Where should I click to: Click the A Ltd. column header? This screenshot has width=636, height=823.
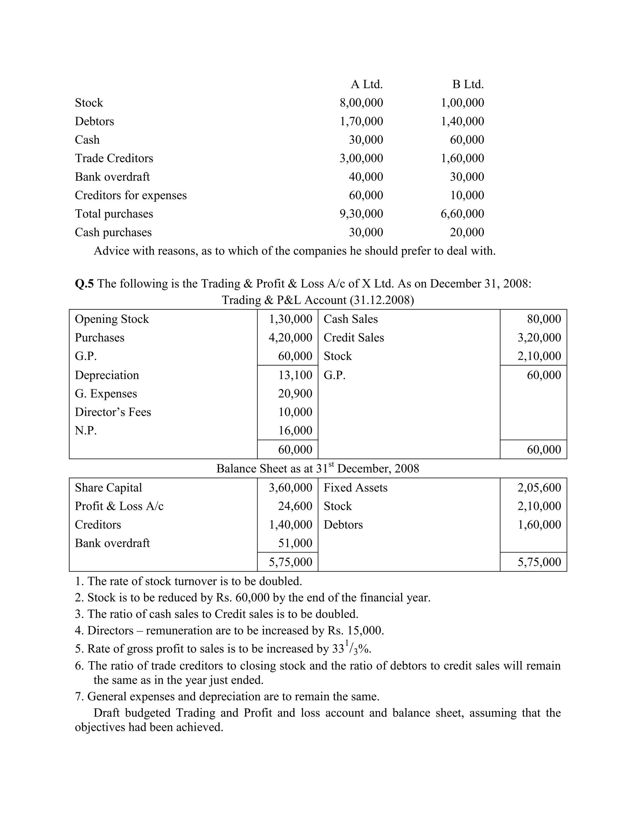367,84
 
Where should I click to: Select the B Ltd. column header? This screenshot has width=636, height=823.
468,84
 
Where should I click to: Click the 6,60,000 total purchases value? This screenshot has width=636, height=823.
462,214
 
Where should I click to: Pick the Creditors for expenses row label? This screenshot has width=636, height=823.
130,195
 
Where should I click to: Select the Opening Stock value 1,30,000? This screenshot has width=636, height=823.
290,319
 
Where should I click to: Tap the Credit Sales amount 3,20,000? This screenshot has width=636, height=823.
539,337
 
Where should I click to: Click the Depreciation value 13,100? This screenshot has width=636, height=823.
295,375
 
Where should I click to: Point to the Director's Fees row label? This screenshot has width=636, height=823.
113,412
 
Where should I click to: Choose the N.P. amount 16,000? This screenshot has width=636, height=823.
295,430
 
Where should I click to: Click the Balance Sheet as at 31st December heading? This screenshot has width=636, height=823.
318,468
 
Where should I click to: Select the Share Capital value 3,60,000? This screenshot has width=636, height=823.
290,488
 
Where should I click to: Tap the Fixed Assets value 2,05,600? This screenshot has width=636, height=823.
539,488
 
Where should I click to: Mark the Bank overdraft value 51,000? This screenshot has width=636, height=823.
295,543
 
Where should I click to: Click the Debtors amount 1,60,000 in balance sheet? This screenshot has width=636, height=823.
539,525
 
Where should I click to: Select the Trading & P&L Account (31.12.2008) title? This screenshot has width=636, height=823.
318,300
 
